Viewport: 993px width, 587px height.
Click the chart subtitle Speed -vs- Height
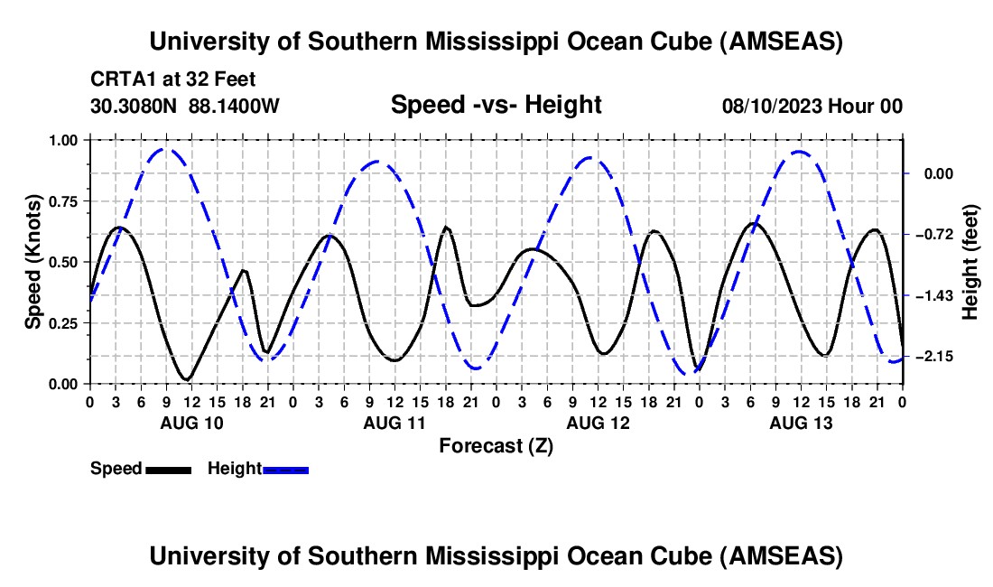point(496,105)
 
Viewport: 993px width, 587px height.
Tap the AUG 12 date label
point(597,423)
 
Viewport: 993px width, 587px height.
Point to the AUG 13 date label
point(800,423)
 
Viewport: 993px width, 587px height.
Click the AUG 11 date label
point(394,423)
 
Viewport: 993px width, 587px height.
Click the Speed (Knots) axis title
point(33,262)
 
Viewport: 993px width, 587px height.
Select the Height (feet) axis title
point(971,262)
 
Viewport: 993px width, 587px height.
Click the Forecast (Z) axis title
point(496,446)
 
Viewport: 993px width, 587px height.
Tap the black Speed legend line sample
point(168,469)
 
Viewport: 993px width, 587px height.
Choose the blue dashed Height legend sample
point(286,469)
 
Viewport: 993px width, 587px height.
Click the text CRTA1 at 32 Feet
point(173,79)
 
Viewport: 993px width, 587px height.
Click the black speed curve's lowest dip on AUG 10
point(187,378)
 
